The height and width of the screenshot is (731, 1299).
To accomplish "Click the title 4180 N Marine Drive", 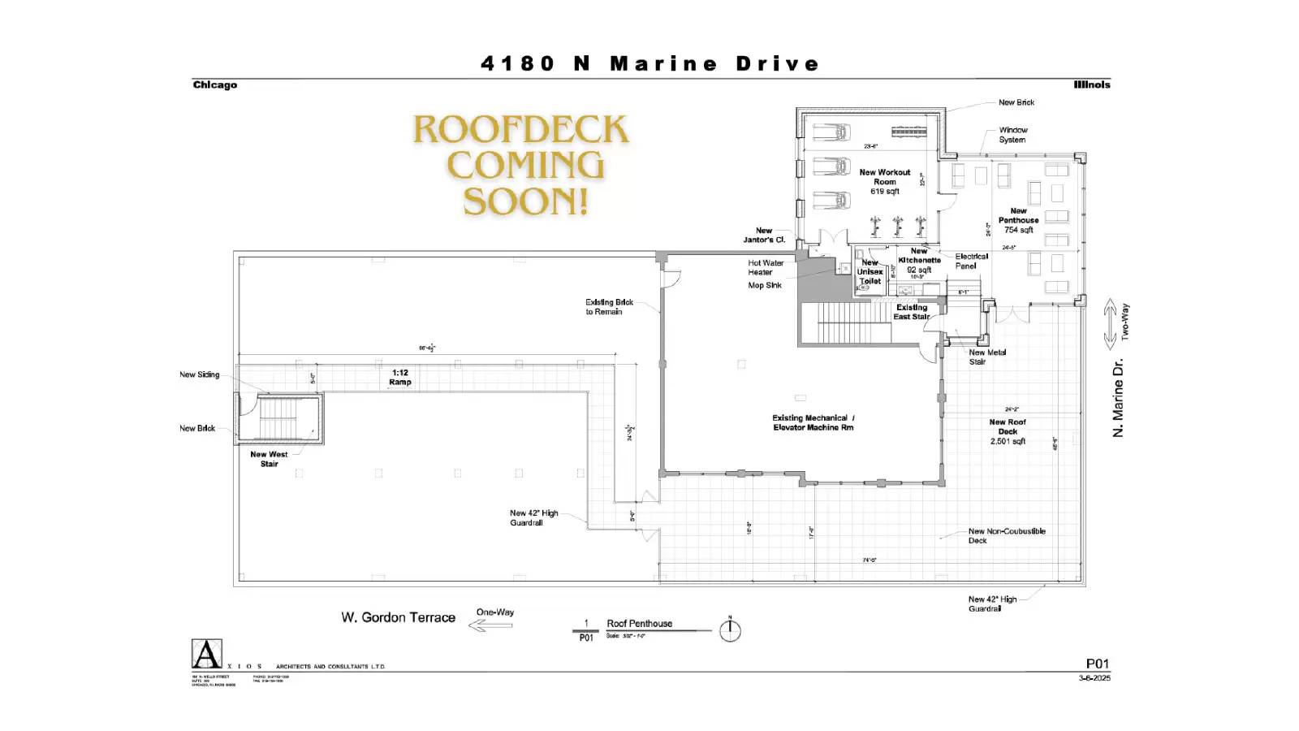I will click(x=649, y=63).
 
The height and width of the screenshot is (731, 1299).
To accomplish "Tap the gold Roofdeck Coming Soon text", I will click(x=521, y=166).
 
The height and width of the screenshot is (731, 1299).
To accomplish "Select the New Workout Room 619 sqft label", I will click(x=884, y=182).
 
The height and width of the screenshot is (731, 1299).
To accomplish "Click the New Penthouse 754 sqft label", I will click(x=1018, y=220).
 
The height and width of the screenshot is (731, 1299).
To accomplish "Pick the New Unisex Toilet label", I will click(x=870, y=272).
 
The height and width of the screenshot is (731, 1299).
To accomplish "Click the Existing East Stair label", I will click(x=911, y=312).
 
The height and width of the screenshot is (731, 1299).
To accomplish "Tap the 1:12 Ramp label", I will click(x=400, y=377).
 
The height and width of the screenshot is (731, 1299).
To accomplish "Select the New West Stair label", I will click(x=269, y=459).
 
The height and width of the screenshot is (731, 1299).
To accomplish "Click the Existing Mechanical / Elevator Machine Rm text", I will click(x=812, y=422).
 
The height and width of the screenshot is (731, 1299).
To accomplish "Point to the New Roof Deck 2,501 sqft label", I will click(x=1007, y=431).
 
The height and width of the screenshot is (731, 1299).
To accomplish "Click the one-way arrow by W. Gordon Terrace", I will click(x=490, y=625).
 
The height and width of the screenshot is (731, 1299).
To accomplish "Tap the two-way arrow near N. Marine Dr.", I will click(x=1110, y=324).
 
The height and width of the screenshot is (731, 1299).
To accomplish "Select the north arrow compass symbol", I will click(x=730, y=630).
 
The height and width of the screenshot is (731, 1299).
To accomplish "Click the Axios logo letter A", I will click(x=206, y=654).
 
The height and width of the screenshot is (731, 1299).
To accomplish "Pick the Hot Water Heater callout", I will click(x=765, y=267).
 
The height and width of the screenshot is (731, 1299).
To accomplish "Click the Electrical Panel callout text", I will click(x=971, y=261).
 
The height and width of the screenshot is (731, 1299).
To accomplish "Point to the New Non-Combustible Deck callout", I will click(x=1006, y=535).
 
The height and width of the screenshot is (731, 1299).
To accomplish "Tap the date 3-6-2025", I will click(x=1094, y=677).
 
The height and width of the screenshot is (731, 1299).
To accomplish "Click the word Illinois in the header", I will click(x=1091, y=84).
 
